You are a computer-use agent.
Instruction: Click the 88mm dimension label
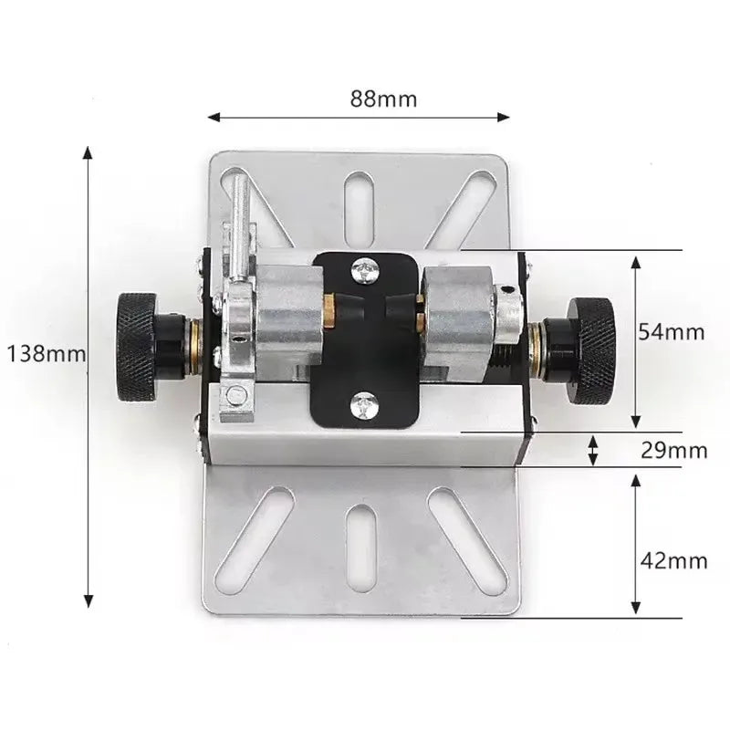[383, 99]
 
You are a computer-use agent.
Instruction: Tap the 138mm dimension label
[47, 354]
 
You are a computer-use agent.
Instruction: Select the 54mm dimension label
[671, 332]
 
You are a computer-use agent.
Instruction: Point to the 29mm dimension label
[673, 450]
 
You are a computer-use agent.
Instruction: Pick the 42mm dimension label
[673, 561]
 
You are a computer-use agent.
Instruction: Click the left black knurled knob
[137, 347]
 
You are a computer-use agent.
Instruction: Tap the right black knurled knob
[591, 350]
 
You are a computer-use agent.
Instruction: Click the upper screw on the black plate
[365, 270]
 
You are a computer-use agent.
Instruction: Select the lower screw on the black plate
[364, 404]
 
